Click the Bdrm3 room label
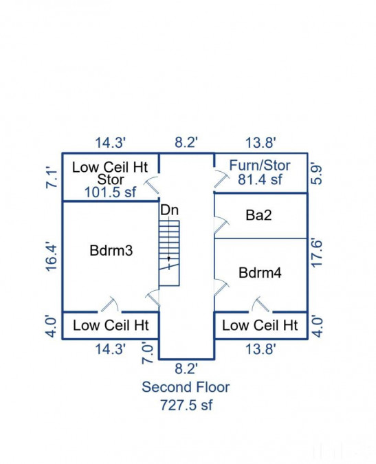[x=111, y=251]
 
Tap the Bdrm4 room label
[x=260, y=272]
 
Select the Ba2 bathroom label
[x=258, y=215]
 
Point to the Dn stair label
[x=170, y=210]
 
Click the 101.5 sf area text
[x=111, y=192]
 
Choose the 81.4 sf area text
[x=260, y=179]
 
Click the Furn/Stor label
[x=260, y=165]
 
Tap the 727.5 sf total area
[x=186, y=405]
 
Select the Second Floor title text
[x=186, y=387]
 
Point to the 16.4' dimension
[x=52, y=257]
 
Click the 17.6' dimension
[x=317, y=253]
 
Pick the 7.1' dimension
[x=52, y=179]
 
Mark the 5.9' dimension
[x=317, y=175]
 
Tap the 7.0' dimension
[x=148, y=353]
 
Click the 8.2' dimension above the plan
[x=186, y=142]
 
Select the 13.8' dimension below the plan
[x=261, y=349]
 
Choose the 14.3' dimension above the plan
[x=111, y=142]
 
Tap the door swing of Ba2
[x=221, y=225]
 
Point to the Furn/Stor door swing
[x=222, y=179]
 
